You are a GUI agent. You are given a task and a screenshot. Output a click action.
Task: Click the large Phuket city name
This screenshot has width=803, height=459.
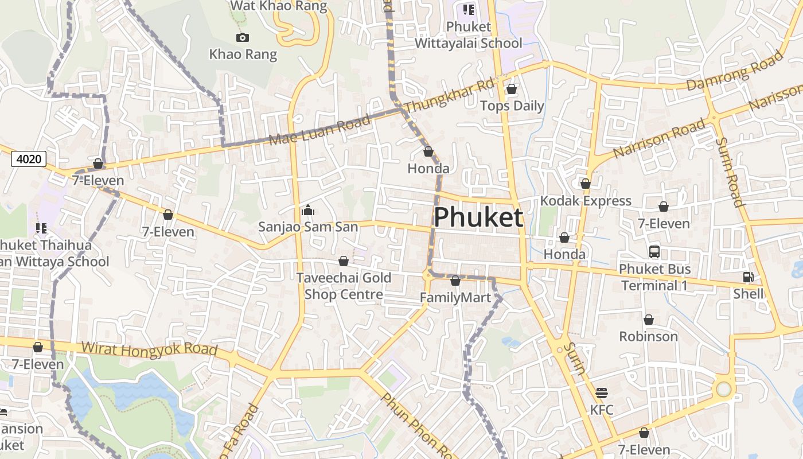click(478, 218)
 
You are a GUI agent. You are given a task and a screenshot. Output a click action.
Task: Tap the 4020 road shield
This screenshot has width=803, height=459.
click(29, 158)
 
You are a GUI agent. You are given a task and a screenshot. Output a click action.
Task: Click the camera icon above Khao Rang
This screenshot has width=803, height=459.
click(243, 38)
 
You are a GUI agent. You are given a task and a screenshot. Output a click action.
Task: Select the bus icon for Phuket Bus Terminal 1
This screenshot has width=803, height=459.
click(654, 252)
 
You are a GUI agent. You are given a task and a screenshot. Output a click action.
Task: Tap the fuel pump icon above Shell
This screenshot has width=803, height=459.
click(749, 278)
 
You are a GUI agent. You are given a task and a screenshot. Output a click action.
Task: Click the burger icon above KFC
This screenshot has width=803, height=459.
click(601, 393)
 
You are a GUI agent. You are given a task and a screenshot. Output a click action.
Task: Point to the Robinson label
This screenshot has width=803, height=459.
click(648, 336)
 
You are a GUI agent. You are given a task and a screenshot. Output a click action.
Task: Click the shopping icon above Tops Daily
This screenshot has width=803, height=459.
click(512, 90)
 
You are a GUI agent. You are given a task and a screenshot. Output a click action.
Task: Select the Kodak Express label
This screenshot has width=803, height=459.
click(586, 201)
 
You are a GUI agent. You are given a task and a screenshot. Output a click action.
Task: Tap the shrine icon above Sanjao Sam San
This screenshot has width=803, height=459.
click(308, 210)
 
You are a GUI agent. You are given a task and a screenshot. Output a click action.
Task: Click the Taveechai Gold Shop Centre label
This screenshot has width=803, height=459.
click(344, 286)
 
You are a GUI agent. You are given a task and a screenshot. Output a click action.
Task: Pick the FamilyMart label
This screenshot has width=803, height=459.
click(455, 298)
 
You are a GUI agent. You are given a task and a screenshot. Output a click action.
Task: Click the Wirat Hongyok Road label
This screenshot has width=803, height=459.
click(149, 349)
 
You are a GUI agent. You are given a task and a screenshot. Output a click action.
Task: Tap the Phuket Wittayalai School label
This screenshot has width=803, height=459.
click(469, 35)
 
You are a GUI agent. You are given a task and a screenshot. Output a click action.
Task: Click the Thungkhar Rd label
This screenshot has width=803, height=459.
click(449, 96)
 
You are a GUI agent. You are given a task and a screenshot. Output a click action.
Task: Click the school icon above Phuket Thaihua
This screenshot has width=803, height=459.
click(41, 228)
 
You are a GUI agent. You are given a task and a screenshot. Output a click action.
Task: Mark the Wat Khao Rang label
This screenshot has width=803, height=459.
click(279, 6)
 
